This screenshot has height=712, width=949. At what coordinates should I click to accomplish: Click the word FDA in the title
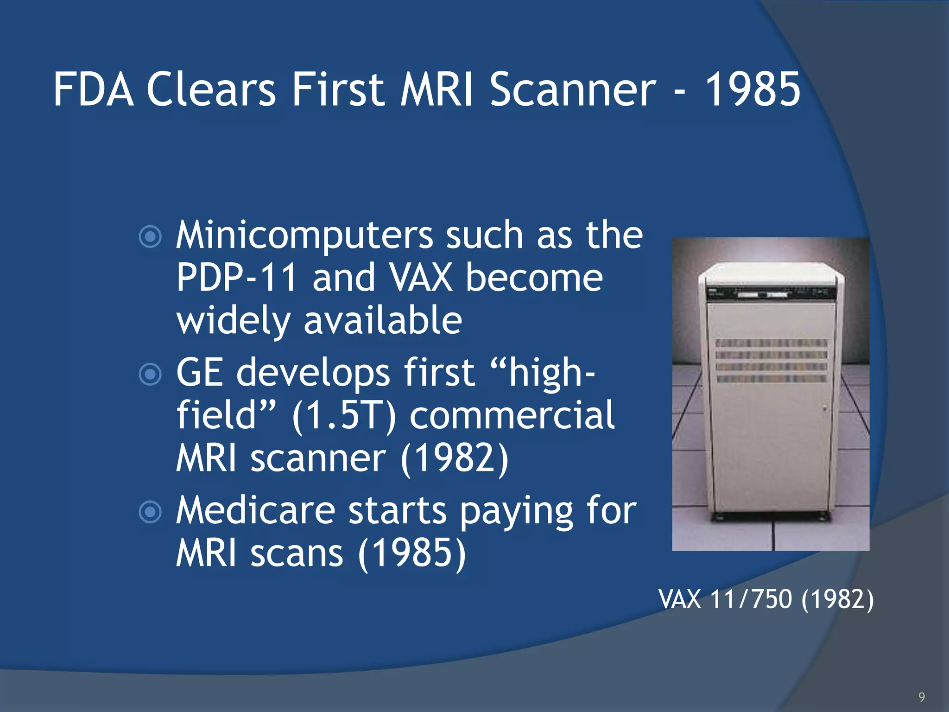(94, 89)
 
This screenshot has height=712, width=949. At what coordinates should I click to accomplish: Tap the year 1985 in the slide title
(753, 89)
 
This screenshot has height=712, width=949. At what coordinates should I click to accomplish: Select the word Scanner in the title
(573, 89)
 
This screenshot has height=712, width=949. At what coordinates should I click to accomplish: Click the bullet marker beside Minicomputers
(150, 236)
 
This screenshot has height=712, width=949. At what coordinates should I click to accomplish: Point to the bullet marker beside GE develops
(150, 374)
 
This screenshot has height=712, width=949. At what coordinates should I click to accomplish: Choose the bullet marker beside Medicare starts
(150, 512)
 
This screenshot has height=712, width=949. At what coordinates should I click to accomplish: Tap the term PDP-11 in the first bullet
(236, 278)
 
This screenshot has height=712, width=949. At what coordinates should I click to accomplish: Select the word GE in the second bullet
(200, 373)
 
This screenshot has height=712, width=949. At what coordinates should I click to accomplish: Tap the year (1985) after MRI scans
(412, 553)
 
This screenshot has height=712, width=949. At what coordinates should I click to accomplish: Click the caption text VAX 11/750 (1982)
(766, 599)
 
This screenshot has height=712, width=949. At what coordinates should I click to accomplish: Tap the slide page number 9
(922, 697)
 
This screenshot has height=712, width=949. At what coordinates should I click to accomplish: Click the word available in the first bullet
(383, 321)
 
